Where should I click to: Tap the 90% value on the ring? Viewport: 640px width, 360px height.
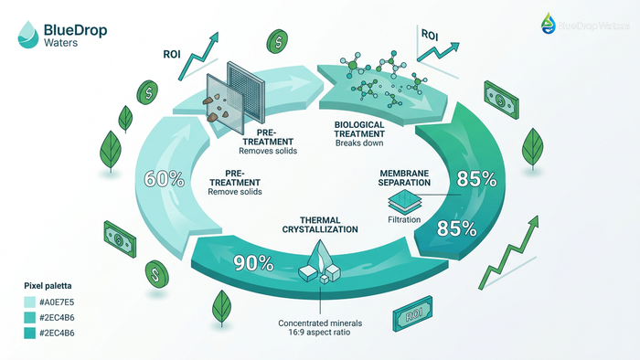(x=252, y=264)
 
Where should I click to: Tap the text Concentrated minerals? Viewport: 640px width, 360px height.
(x=320, y=323)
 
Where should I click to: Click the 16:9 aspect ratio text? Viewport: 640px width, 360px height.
(x=320, y=335)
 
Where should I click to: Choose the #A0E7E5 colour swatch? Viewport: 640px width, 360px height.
(x=29, y=302)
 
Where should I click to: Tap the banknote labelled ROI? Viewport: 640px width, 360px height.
(x=412, y=317)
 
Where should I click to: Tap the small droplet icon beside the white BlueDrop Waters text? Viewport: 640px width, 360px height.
(x=548, y=23)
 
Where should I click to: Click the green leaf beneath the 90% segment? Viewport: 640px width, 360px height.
(x=220, y=304)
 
